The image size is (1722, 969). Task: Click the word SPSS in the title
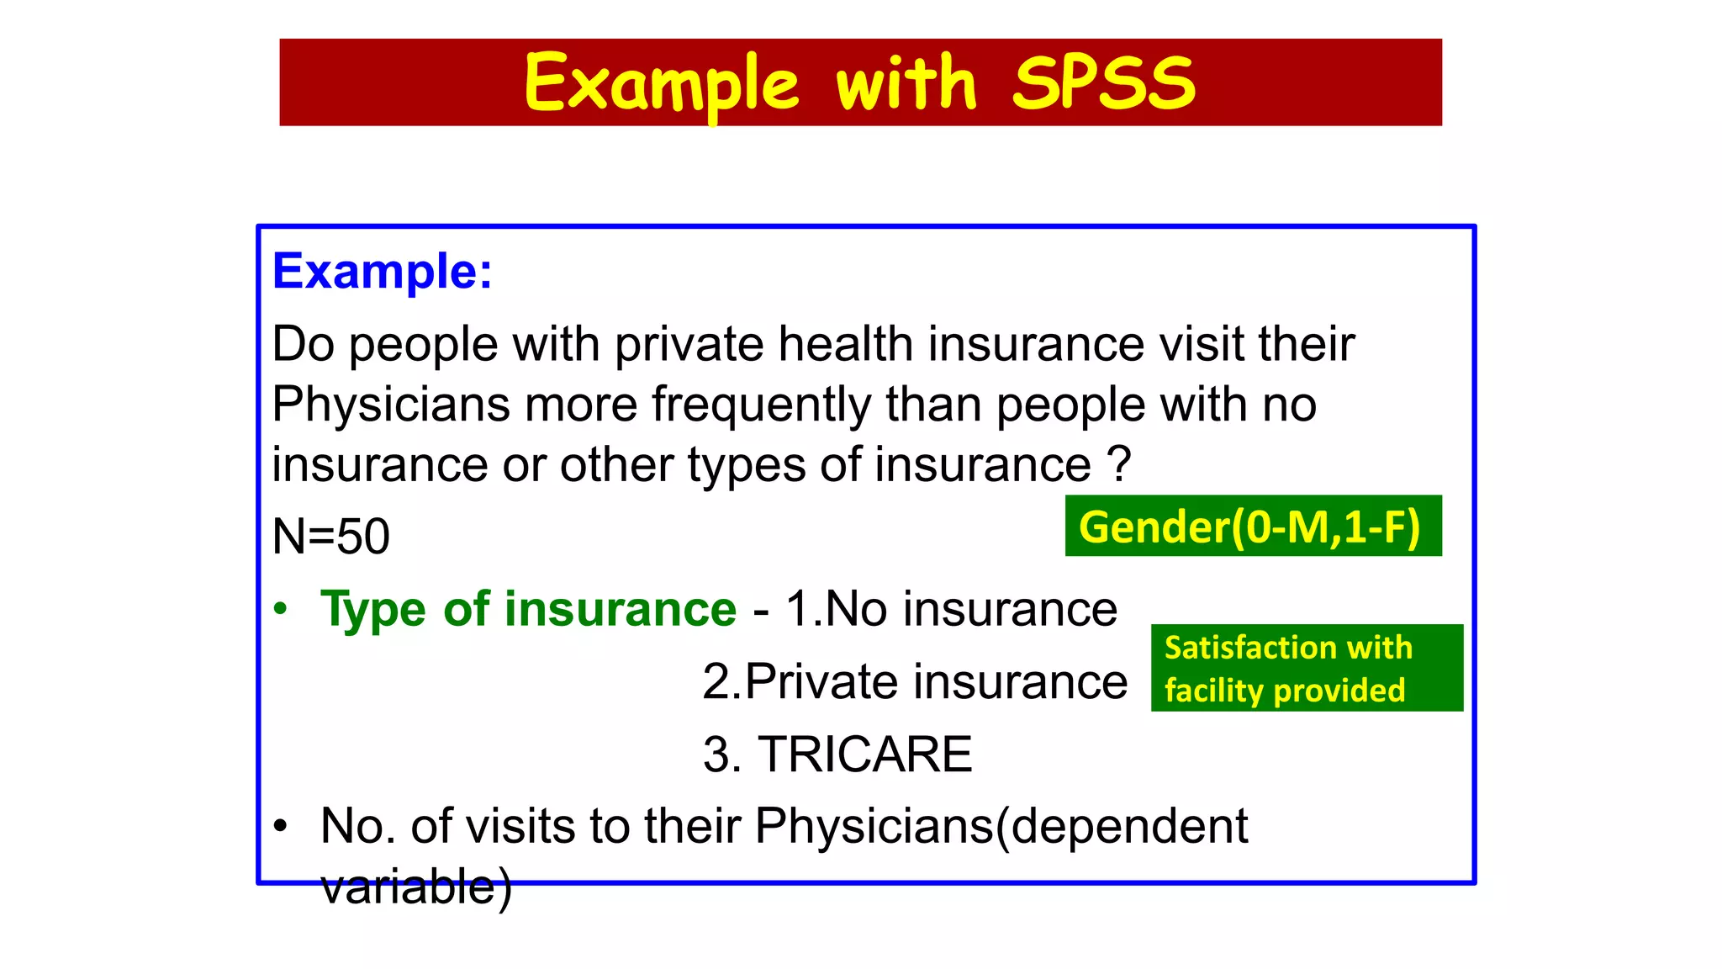[1103, 82]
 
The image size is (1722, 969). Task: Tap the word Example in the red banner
[661, 84]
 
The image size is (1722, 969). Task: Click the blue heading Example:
[382, 271]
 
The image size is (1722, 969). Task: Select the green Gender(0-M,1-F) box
[1253, 527]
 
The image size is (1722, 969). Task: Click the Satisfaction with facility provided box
[1306, 668]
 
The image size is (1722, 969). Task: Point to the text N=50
[330, 536]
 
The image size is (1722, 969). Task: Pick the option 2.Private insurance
[914, 680]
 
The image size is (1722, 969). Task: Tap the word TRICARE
[864, 754]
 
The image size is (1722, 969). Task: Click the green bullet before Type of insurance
[281, 608]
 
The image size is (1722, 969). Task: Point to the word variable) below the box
[415, 887]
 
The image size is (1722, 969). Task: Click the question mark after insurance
[1118, 464]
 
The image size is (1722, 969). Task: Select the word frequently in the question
[761, 405]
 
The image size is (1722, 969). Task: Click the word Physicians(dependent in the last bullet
[1001, 826]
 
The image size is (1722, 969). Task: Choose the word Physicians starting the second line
[390, 405]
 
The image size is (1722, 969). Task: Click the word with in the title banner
[906, 82]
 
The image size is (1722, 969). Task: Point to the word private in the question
[688, 344]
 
